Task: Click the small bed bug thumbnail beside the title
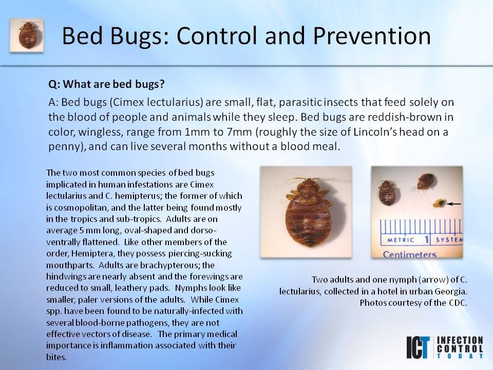click(27, 35)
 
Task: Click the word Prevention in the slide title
click(372, 36)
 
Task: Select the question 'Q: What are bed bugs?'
click(107, 84)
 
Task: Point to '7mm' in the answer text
click(239, 132)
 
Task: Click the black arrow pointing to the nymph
click(454, 204)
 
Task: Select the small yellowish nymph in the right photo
click(439, 203)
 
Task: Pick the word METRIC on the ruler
click(401, 240)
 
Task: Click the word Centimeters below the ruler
click(409, 254)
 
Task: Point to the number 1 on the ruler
click(427, 240)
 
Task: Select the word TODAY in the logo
click(460, 356)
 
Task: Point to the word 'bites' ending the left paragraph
click(55, 357)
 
